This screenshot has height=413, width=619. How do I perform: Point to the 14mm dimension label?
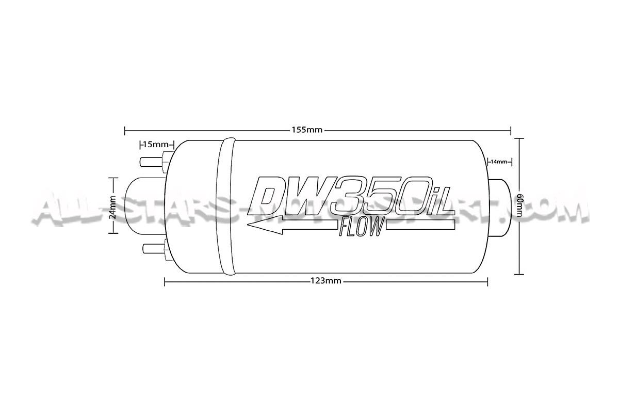pyautogui.click(x=499, y=162)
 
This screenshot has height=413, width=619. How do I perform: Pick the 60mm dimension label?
pyautogui.click(x=520, y=206)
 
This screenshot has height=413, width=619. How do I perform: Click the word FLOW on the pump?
pyautogui.click(x=361, y=227)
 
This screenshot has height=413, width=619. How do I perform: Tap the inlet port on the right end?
pyautogui.click(x=499, y=206)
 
